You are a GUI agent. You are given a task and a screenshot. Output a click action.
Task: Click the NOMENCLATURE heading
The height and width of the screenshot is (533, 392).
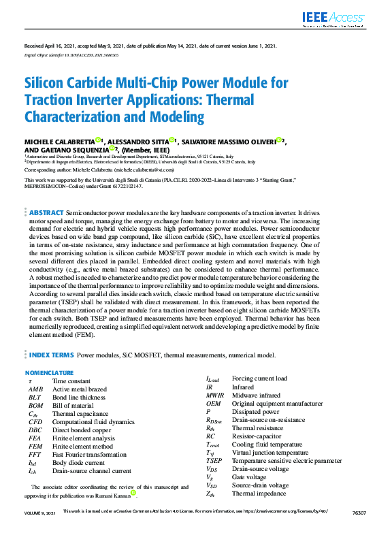[x=49, y=373]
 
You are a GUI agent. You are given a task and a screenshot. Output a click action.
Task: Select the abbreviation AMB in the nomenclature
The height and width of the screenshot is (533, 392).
[x=35, y=389]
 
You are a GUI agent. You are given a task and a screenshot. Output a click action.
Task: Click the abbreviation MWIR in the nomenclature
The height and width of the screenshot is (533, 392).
[x=215, y=395]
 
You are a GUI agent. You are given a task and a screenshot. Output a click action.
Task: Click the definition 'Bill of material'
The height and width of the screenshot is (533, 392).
[x=73, y=405]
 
